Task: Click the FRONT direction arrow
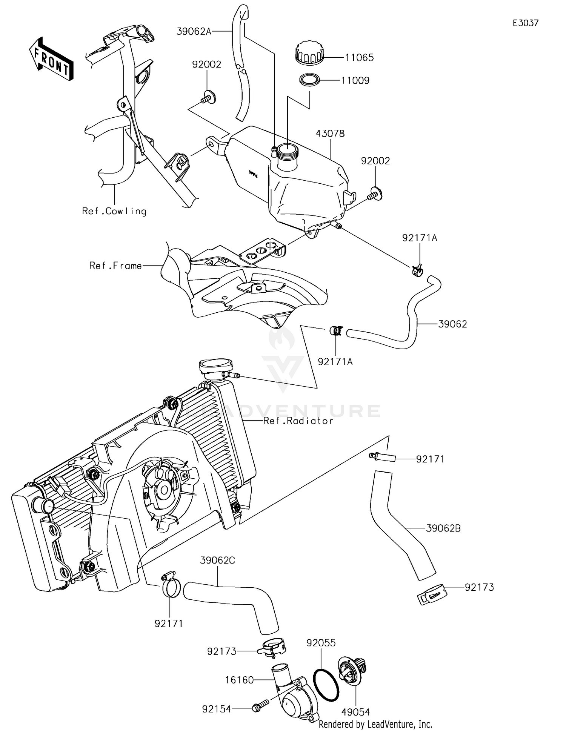(x=51, y=59)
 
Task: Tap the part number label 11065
(x=359, y=58)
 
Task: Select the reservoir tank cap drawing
(x=309, y=53)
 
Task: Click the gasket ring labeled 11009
(x=309, y=80)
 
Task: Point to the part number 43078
(x=330, y=134)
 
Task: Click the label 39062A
(x=194, y=31)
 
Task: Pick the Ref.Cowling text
(x=114, y=211)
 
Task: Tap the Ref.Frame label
(x=115, y=266)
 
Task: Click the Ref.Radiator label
(x=298, y=421)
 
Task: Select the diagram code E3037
(x=526, y=23)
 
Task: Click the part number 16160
(x=239, y=680)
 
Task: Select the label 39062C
(x=217, y=561)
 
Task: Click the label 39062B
(x=443, y=528)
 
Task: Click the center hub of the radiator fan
(x=165, y=490)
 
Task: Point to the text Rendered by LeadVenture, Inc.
(x=375, y=724)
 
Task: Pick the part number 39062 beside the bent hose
(x=452, y=324)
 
